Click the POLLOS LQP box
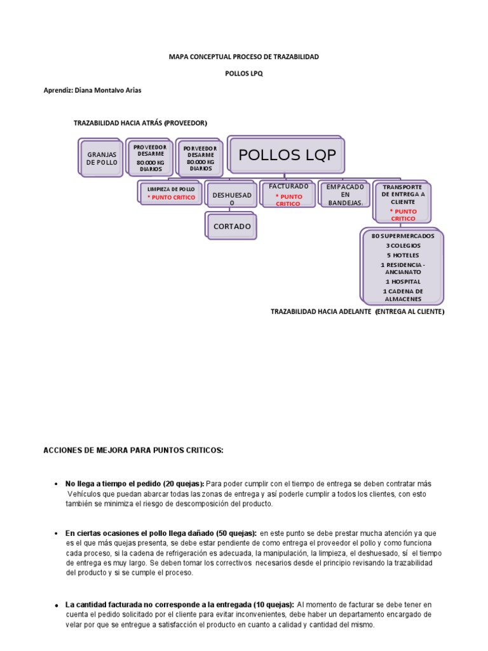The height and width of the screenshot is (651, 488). pos(287,156)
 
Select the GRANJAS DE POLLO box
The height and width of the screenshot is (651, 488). pos(102,158)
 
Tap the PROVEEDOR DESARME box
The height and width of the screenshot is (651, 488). pos(149,158)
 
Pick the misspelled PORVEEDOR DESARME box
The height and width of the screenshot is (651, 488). pos(200,158)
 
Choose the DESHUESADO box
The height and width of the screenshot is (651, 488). pos(231,198)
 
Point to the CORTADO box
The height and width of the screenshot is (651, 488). pos(232,226)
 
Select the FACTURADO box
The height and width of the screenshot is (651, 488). pos(288,195)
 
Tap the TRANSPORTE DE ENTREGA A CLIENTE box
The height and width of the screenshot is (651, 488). pos(403,202)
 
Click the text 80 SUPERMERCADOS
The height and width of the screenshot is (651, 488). pos(403,236)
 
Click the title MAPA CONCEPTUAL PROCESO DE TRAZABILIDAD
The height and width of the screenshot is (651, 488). pos(244,57)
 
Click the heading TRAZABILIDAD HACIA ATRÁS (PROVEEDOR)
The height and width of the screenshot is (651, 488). pos(140,123)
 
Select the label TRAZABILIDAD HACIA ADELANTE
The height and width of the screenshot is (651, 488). pos(321,312)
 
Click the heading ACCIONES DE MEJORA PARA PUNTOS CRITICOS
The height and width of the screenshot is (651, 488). pos(133,450)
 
